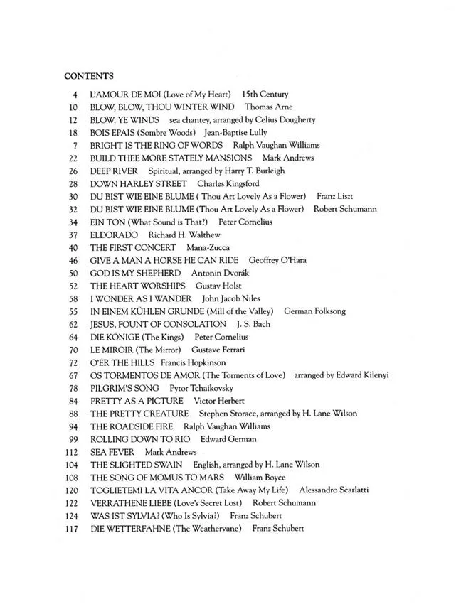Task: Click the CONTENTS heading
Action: tap(89, 75)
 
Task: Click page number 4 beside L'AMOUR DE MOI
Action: tap(74, 94)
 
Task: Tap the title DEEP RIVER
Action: tap(113, 171)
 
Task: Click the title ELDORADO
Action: tap(114, 235)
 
